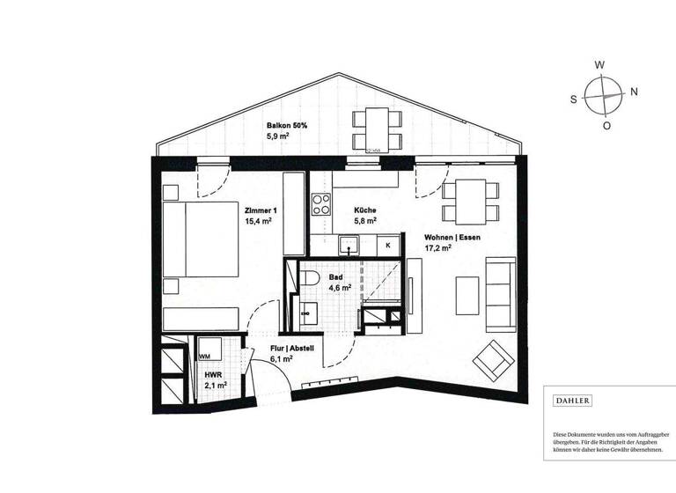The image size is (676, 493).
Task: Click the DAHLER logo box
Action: [x=572, y=401]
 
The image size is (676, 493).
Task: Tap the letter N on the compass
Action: [x=634, y=92]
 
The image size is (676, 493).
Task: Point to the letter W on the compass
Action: [x=599, y=65]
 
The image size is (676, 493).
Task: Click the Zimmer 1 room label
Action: [x=261, y=210]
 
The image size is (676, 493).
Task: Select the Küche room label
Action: [x=365, y=210]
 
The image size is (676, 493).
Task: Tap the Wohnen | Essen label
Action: [x=452, y=238]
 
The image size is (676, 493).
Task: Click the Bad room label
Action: [x=335, y=276]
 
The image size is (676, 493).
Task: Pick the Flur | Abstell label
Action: [x=292, y=349]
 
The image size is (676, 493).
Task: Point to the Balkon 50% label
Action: [x=288, y=126]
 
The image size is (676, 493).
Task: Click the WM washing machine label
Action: [x=204, y=357]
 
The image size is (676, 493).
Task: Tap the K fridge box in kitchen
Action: [x=388, y=245]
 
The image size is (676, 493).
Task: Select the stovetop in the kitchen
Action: [x=321, y=204]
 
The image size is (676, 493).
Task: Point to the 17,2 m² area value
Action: [x=437, y=248]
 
